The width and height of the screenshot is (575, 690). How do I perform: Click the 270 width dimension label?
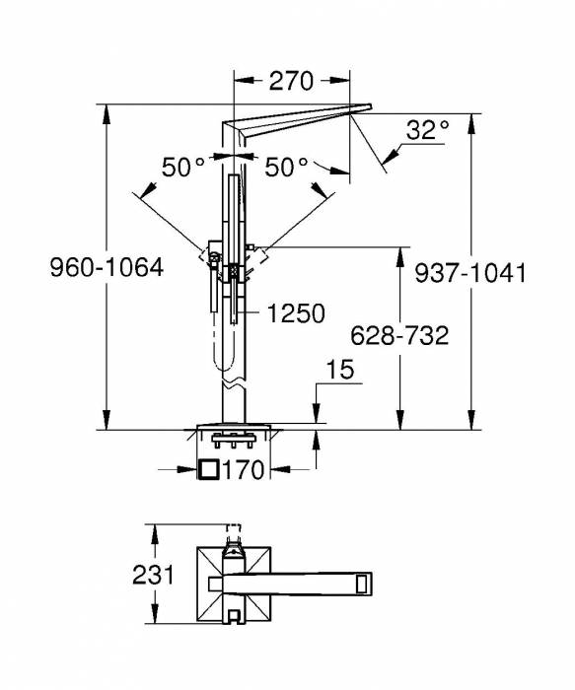(x=291, y=81)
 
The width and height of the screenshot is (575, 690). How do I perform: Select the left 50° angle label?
(x=183, y=167)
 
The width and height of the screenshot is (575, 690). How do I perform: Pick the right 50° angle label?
(x=286, y=167)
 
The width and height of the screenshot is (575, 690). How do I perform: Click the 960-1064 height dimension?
(x=107, y=267)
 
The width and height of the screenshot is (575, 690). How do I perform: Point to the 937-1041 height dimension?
(x=470, y=273)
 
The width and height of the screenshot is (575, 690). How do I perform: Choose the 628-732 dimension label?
(x=399, y=336)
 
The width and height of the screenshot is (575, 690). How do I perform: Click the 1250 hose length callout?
(x=296, y=313)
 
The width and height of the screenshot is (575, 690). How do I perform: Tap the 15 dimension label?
(x=341, y=370)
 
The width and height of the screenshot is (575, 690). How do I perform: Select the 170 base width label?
(x=244, y=470)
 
